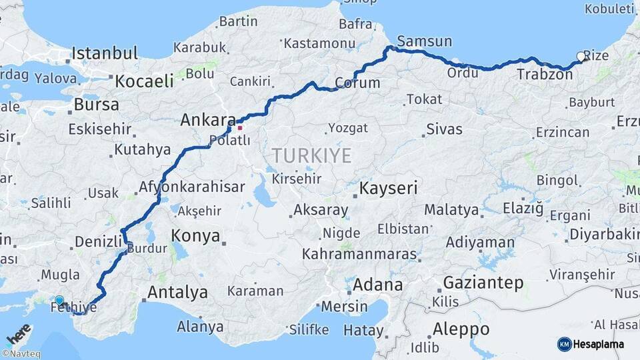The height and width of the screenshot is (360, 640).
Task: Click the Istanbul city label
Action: tap(105, 53)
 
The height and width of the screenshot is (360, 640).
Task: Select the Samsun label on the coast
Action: tap(424, 41)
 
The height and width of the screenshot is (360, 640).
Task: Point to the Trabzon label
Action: tap(544, 75)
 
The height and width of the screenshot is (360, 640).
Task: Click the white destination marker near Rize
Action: tap(581, 57)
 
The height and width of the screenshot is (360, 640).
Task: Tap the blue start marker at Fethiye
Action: tap(59, 301)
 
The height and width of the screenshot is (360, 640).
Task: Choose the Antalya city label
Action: tap(177, 292)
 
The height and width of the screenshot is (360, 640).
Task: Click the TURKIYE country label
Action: tap(311, 156)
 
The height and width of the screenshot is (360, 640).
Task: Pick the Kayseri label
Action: tap(388, 189)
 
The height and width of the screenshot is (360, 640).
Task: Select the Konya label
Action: tap(195, 235)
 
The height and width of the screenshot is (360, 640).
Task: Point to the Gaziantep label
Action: tap(483, 282)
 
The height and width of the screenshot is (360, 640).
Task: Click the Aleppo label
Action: tap(461, 329)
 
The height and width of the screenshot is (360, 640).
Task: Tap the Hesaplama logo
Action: tap(591, 344)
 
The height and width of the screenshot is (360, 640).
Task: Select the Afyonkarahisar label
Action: tap(192, 187)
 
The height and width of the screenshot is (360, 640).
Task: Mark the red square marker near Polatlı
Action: tap(240, 127)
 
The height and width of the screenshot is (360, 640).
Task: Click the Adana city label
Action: tap(377, 285)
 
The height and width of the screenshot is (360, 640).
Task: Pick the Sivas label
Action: tap(444, 129)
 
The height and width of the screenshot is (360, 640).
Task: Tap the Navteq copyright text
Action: tap(21, 354)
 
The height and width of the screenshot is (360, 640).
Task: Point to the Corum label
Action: tap(357, 83)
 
